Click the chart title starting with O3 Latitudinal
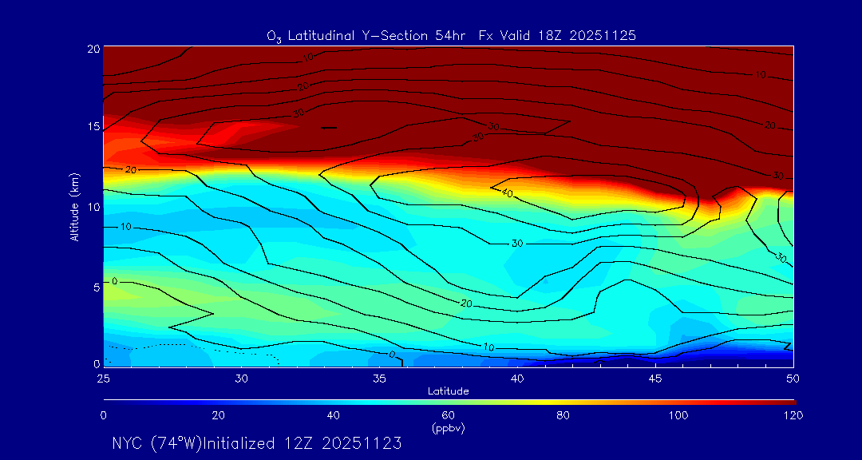click(x=451, y=36)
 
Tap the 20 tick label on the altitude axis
click(x=93, y=49)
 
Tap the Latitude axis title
click(x=448, y=391)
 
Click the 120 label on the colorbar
click(x=793, y=415)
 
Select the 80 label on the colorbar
click(x=563, y=415)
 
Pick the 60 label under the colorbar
click(x=449, y=415)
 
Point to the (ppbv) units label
click(x=448, y=428)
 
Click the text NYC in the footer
click(x=127, y=443)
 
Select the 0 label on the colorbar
click(x=104, y=415)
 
